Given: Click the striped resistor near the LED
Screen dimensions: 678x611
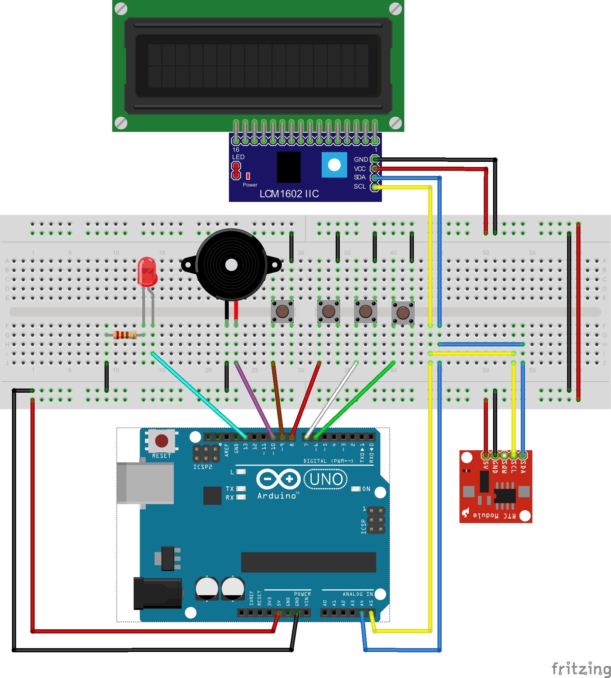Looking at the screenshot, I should point(124,335).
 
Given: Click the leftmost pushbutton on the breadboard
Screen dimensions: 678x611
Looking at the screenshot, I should point(282,311).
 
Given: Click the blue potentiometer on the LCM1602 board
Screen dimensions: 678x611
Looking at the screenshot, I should point(334,165).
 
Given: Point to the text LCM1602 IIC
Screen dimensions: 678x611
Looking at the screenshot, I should point(289,194).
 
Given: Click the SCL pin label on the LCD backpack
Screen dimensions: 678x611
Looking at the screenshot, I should point(360,186).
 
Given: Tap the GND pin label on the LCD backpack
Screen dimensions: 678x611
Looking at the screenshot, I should point(361,159).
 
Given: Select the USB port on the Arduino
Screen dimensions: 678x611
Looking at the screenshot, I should point(145,483).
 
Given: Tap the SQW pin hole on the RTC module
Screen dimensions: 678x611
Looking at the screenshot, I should point(504,455).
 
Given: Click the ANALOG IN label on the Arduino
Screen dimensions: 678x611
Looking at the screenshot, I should point(357,594).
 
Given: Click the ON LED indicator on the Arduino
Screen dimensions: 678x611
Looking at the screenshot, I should point(356,489).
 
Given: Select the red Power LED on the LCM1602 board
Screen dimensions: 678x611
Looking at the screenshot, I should point(248,176).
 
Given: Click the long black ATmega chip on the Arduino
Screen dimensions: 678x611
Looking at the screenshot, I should point(308,562).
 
